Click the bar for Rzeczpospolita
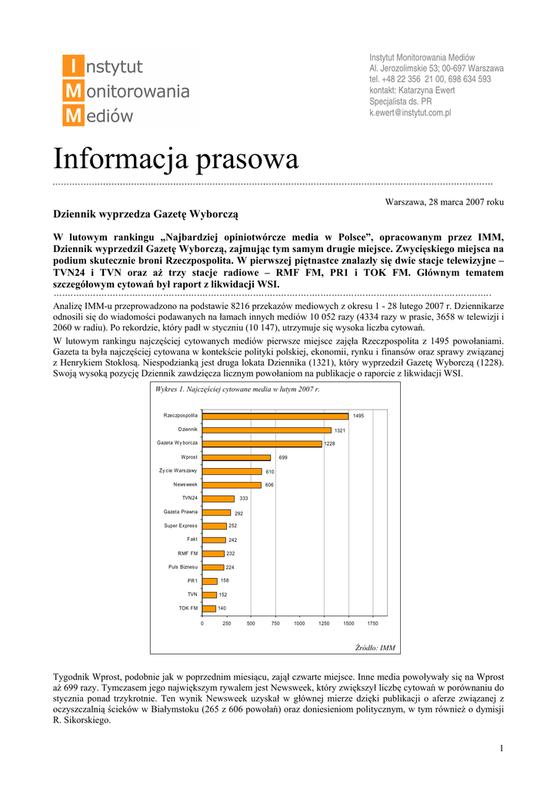point(275,416)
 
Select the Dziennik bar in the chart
point(266,430)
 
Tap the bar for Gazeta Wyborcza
point(262,443)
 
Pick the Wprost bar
point(236,457)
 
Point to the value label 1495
point(359,416)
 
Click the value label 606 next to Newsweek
point(269,485)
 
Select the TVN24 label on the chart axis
point(188,498)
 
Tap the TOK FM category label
point(188,608)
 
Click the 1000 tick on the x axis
point(299,623)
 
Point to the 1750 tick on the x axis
point(372,623)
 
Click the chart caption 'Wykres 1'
point(237,390)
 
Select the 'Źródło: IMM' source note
point(375,648)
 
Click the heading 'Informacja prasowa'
point(175,160)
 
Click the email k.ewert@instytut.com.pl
point(410,112)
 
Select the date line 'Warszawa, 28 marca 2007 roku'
point(444,201)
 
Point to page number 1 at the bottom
point(501,749)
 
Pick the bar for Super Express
point(214,526)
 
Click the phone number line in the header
point(430,79)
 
